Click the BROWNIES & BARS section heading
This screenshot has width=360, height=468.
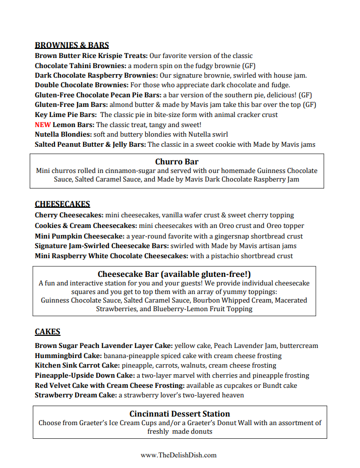pos(72,45)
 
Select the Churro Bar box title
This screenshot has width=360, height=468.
pos(176,162)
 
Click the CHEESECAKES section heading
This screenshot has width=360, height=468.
pos(63,204)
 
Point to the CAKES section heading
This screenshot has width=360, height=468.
pos(47,332)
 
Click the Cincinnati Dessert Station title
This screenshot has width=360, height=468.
pos(179,414)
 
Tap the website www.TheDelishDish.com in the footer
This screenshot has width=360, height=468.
pos(178,455)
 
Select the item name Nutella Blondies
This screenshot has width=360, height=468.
pos(63,135)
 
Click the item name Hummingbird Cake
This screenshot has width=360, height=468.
pos(63,356)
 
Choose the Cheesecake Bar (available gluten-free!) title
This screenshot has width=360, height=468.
pos(174,274)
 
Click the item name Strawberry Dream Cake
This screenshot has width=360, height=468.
pos(76,395)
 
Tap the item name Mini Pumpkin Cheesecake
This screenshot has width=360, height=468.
pos(79,236)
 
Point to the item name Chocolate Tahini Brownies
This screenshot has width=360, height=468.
pos(80,66)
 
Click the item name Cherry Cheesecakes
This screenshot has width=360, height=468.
pos(69,215)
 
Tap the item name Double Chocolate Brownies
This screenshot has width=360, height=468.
pos(82,85)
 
